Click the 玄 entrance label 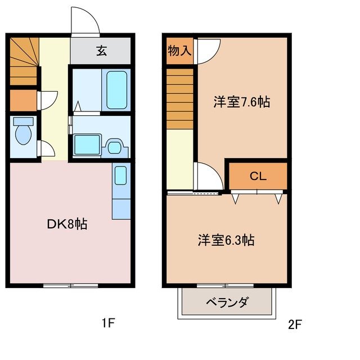coord(101,51)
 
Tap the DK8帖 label coord(66,224)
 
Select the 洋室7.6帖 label coord(241,102)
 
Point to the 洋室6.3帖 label coord(226,240)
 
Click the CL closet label coord(258,176)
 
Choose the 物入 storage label coord(179,51)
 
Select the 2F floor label coord(295,324)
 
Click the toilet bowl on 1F coord(23,133)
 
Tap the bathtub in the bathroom coord(117,89)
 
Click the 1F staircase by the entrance coord(24,60)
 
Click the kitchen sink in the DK coord(120,175)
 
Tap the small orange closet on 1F coord(23,100)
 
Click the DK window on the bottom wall coord(70,286)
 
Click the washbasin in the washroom coord(116,147)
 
